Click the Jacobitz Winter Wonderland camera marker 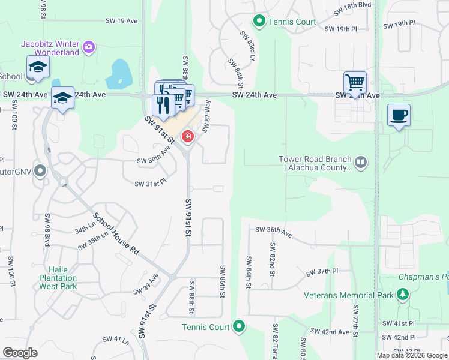click(x=89, y=47)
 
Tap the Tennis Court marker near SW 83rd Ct click(x=259, y=22)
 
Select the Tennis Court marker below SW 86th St click(x=239, y=326)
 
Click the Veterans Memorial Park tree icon click(x=402, y=294)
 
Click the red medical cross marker click(x=188, y=137)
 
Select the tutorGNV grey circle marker click(x=40, y=171)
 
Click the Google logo click(x=20, y=352)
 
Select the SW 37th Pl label click(x=323, y=272)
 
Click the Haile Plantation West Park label click(x=58, y=278)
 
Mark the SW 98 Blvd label click(x=47, y=230)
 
